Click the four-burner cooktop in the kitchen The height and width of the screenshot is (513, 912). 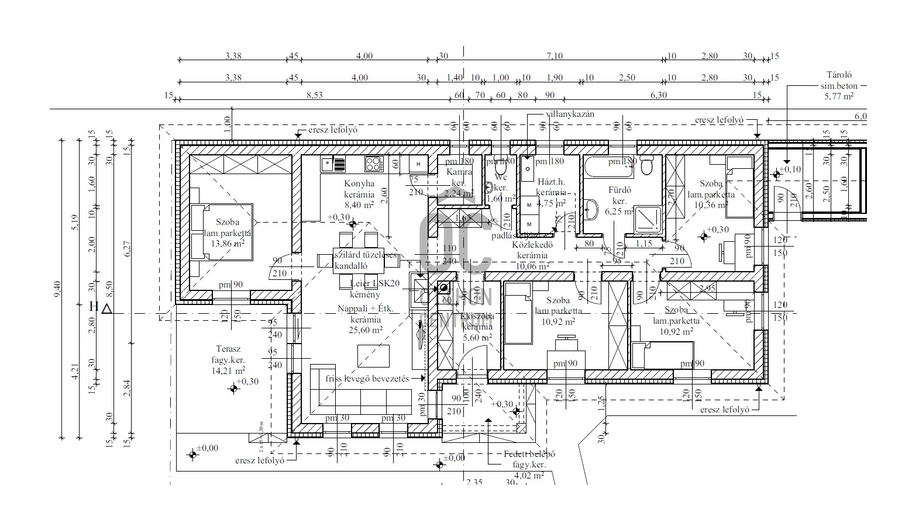coord(373,164)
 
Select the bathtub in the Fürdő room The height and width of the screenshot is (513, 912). coord(608,167)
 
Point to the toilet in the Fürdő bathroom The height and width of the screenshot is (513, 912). coord(646,167)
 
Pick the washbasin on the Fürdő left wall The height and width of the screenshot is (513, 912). coord(591,208)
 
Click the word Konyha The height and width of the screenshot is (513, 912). coord(359,183)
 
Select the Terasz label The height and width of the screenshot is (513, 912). coord(228,349)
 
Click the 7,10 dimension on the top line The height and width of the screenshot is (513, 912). coord(554,56)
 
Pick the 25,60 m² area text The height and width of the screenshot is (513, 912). coord(366,330)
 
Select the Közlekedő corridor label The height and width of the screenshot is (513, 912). coord(532,245)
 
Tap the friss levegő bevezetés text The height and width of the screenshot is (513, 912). coord(367,379)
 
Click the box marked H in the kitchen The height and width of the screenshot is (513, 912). coord(419,164)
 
